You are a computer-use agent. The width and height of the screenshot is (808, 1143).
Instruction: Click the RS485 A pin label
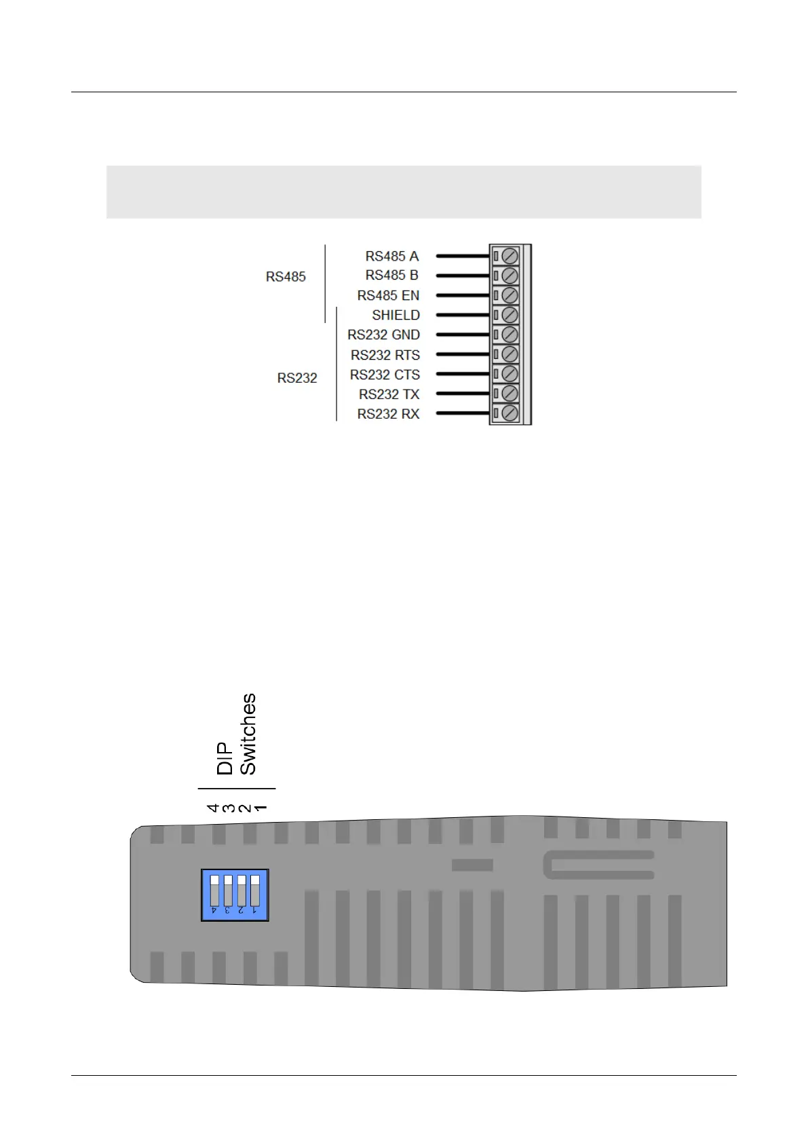tap(391, 257)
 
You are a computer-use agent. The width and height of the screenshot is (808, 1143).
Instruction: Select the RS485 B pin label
tap(391, 276)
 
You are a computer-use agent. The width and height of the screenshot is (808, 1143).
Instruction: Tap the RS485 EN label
tap(388, 296)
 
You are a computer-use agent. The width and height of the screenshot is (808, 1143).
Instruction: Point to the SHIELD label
tap(396, 316)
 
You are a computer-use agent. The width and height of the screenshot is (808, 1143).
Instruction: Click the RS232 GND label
tap(383, 335)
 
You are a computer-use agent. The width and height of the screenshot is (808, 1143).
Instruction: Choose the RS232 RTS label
tap(385, 355)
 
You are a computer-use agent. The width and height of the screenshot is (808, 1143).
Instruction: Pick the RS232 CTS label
tap(385, 375)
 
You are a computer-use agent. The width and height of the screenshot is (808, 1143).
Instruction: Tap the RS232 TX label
tap(389, 394)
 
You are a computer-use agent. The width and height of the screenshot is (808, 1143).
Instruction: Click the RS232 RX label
tap(388, 414)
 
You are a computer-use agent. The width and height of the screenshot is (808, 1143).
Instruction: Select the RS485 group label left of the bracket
tap(286, 277)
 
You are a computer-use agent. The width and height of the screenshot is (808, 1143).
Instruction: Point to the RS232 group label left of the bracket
tap(297, 378)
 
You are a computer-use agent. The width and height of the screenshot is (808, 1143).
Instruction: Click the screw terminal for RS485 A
tap(509, 257)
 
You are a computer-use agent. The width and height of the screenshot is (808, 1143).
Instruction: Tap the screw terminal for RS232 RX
tap(509, 413)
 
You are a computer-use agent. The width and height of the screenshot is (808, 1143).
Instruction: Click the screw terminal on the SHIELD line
tap(509, 315)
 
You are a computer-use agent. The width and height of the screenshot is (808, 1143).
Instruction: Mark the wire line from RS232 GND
tap(463, 335)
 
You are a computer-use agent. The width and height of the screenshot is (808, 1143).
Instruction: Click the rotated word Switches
tap(248, 734)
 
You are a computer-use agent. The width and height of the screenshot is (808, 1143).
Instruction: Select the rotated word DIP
tap(225, 758)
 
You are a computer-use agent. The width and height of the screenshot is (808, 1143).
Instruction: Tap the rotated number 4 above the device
tap(213, 808)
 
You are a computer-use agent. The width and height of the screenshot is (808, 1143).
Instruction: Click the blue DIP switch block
tap(235, 895)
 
